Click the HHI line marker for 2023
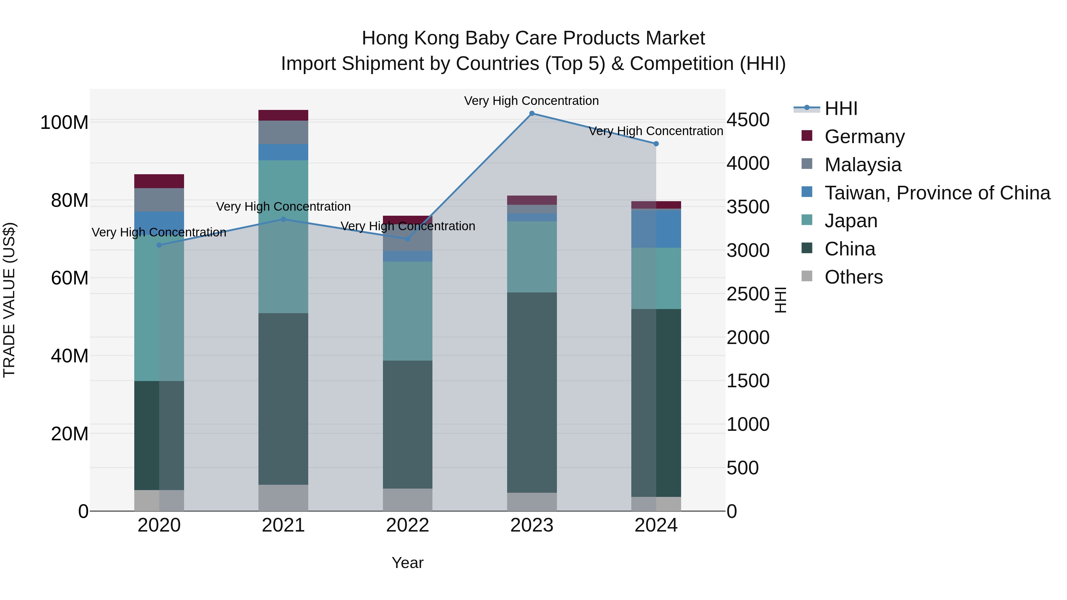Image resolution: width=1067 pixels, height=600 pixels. [x=532, y=113]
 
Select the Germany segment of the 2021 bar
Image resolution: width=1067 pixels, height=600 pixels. [x=283, y=115]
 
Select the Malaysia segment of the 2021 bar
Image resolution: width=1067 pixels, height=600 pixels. [x=283, y=132]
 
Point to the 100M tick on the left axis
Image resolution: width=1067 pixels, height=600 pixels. [x=64, y=123]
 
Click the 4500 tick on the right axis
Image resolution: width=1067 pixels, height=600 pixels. [x=748, y=120]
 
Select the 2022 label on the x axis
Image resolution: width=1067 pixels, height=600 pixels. [x=408, y=525]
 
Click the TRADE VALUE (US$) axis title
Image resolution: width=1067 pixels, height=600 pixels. [x=9, y=300]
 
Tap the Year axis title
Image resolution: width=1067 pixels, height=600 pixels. [x=408, y=563]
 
